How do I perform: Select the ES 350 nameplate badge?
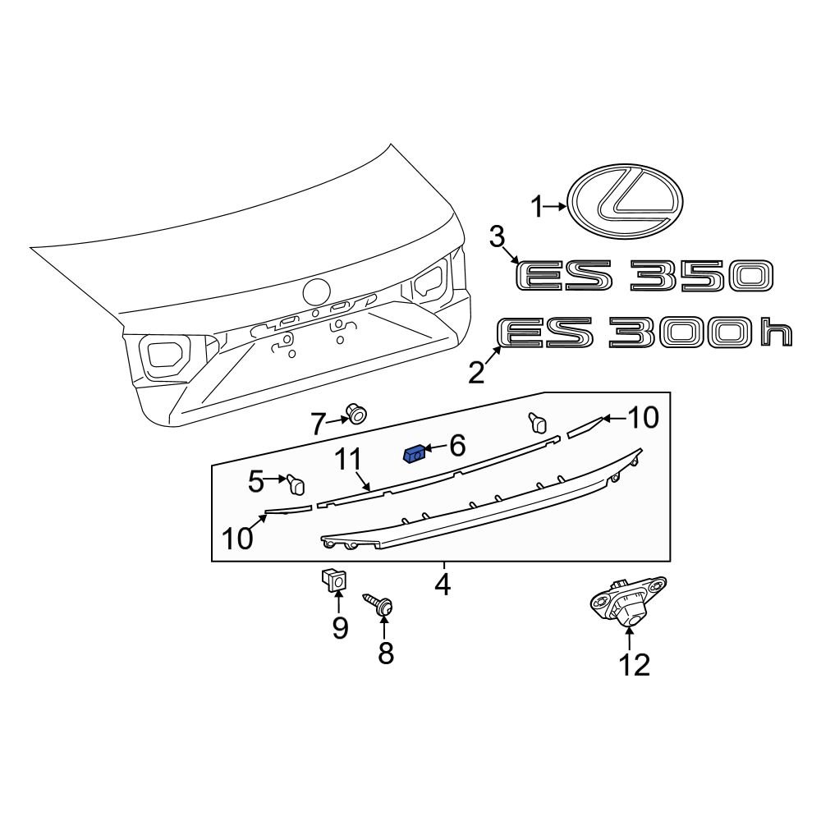(644, 276)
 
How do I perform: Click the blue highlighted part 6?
(415, 453)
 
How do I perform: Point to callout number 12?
(635, 663)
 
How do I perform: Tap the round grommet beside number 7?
(355, 413)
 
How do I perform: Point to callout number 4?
(443, 585)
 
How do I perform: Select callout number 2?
(477, 374)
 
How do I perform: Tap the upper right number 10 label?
(643, 419)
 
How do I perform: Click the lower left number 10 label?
(238, 538)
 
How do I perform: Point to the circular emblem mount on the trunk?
(316, 292)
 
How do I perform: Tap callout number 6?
(456, 446)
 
